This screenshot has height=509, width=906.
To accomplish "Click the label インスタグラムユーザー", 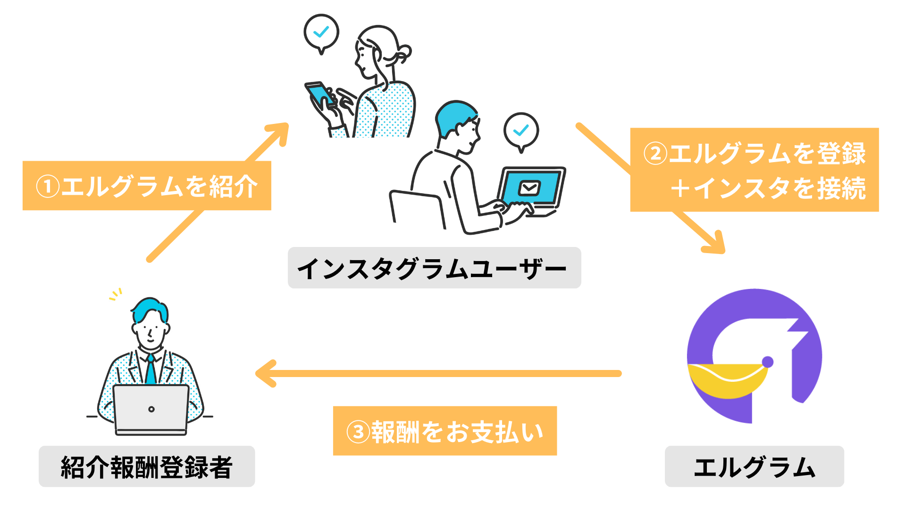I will (x=434, y=268).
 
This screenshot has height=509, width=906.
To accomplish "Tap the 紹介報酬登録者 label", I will (x=147, y=467).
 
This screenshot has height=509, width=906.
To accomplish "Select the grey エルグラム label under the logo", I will (x=754, y=467).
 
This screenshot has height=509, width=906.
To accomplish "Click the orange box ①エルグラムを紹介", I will (x=147, y=186).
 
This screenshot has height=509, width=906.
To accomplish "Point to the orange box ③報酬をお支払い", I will (x=445, y=431).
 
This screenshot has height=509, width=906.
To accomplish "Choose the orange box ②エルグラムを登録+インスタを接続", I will (x=754, y=170).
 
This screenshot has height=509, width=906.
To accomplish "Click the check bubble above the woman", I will (x=321, y=32).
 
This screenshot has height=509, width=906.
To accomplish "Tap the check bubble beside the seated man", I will (x=521, y=130).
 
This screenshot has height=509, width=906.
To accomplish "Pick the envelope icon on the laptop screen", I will (x=529, y=188).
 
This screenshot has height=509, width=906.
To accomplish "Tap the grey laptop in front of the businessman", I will (x=151, y=409).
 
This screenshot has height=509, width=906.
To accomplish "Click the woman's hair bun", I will (x=403, y=52).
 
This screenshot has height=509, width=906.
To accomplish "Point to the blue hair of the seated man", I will (x=453, y=115).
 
